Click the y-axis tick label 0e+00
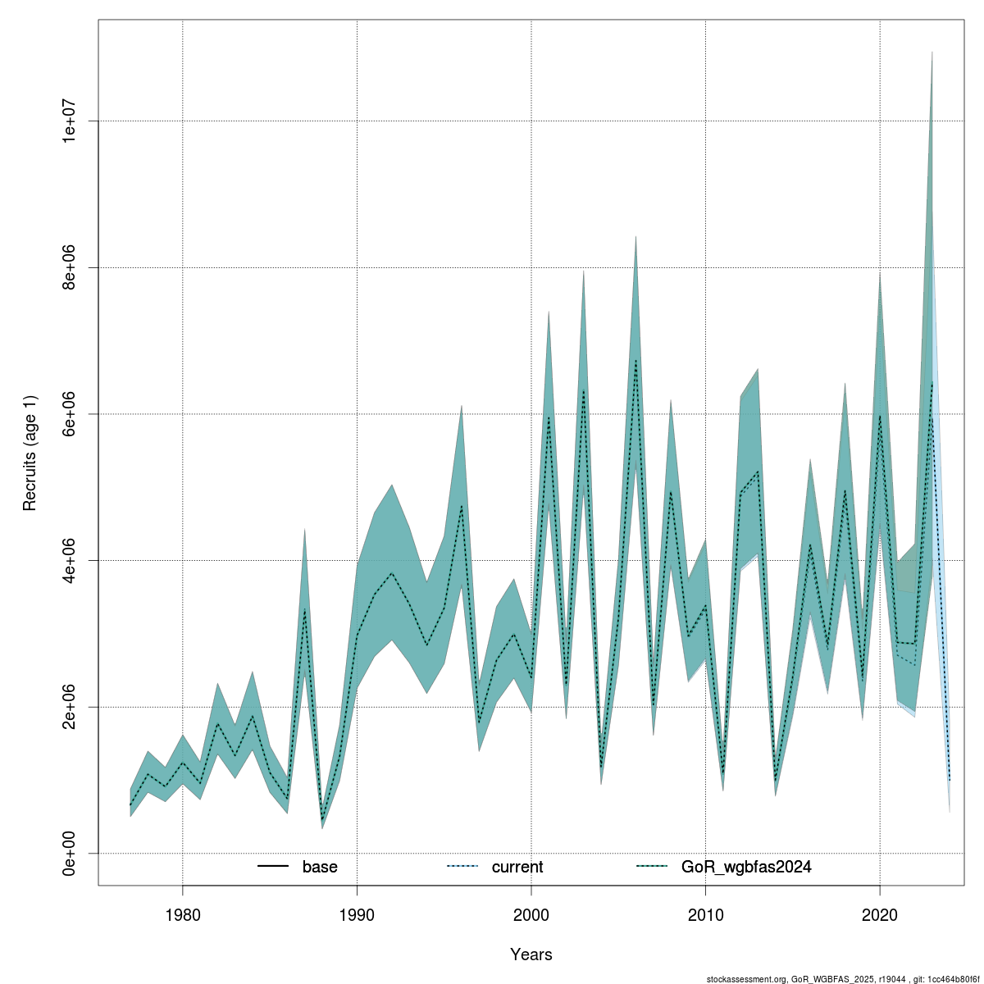71,853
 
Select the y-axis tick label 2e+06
71,707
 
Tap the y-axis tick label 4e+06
71,560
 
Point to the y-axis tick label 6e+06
71,414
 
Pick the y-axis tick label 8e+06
71,267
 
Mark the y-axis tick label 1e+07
71,121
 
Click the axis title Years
531,954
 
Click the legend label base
320,867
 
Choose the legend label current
517,867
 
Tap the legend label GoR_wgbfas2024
746,867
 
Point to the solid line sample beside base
273,867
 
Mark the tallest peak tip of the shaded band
932,52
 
